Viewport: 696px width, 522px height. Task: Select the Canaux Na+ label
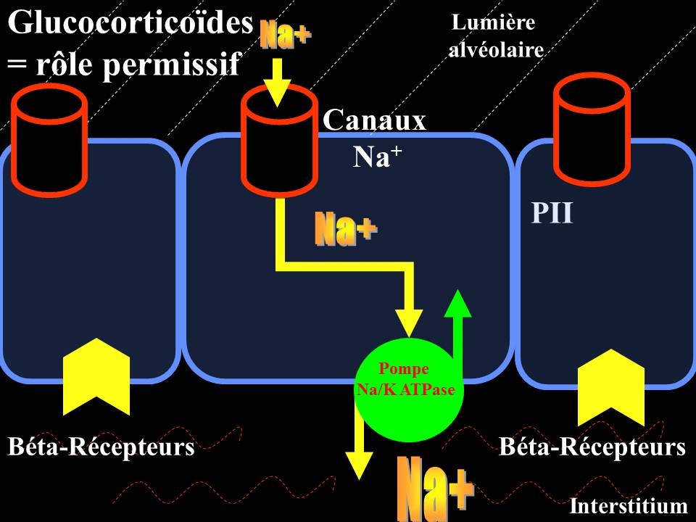tap(375, 138)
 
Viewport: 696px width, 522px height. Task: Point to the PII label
tap(552, 213)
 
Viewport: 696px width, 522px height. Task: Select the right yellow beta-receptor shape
tap(611, 388)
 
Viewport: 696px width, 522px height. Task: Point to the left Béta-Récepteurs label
tap(101, 447)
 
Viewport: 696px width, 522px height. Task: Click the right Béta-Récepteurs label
tap(592, 447)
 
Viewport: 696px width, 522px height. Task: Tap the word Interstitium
tap(628, 506)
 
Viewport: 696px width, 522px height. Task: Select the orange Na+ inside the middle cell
tap(346, 229)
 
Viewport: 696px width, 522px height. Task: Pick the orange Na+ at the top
tap(286, 35)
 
